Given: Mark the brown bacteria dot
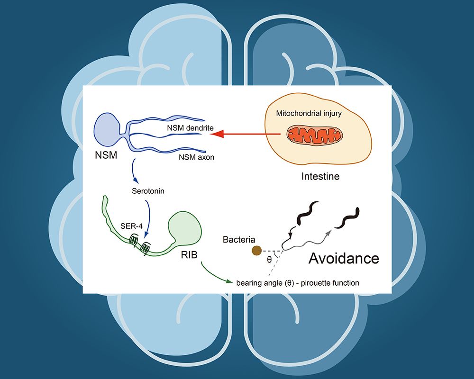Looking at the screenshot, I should (256, 251).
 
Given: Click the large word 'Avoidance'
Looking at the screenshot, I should (344, 258).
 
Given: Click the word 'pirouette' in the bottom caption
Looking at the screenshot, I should (322, 283).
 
